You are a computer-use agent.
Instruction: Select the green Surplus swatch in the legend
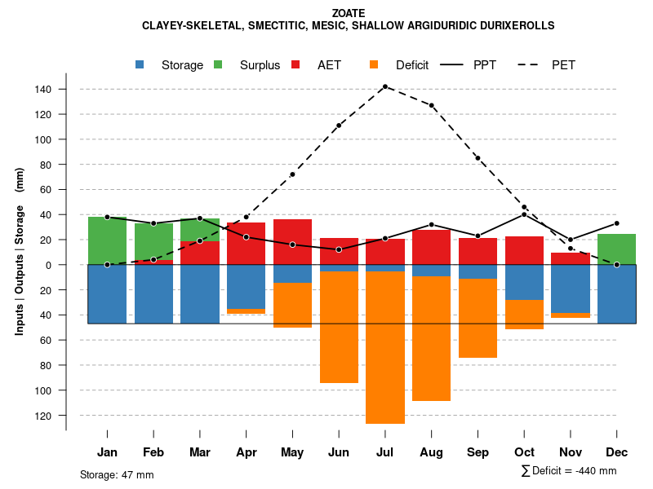(x=219, y=65)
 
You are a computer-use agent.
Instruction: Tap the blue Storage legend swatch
(x=140, y=65)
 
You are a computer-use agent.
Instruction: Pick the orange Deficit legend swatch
(x=374, y=65)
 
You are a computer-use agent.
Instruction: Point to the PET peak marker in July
(x=384, y=86)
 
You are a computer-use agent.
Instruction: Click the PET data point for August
(x=431, y=105)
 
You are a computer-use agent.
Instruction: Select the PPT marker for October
(x=524, y=214)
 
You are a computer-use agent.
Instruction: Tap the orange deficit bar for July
(x=385, y=347)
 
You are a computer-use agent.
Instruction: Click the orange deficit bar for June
(x=339, y=327)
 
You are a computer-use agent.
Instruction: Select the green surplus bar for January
(x=107, y=240)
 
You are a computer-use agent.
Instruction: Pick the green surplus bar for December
(x=616, y=249)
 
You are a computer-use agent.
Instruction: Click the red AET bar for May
(x=292, y=242)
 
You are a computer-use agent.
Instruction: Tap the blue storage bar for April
(x=246, y=287)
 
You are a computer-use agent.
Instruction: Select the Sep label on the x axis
(x=478, y=452)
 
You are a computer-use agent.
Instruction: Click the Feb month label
(x=153, y=452)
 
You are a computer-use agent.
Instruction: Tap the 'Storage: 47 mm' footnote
(x=117, y=474)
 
